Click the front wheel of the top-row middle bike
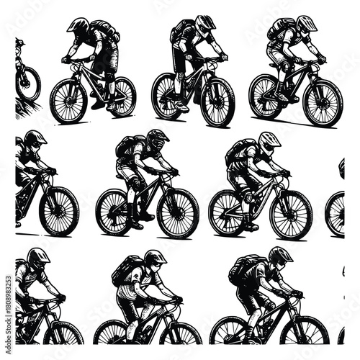[217, 101]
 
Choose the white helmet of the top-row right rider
[306, 24]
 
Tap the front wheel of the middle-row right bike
[291, 215]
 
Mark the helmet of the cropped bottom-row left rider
[37, 258]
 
